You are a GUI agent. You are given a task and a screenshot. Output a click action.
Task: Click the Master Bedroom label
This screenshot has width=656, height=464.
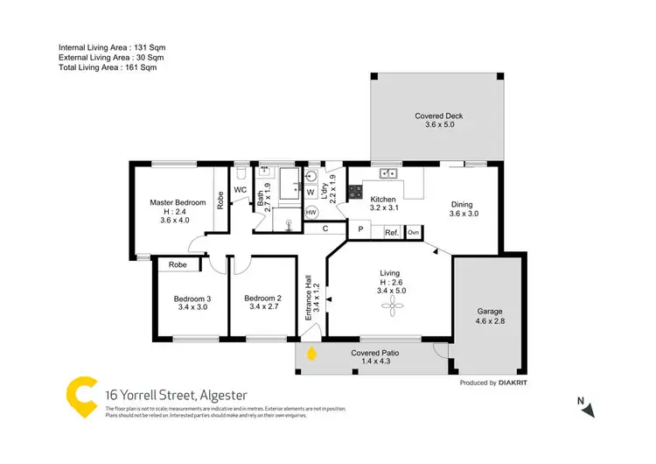tap(178, 202)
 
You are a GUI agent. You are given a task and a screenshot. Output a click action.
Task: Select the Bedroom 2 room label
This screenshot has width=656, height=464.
tap(262, 299)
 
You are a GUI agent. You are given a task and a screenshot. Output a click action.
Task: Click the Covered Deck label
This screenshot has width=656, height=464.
tap(438, 117)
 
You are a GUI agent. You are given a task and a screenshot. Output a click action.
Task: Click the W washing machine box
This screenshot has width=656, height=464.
tap(311, 191)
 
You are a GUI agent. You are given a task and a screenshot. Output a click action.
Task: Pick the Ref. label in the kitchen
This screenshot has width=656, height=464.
tap(391, 232)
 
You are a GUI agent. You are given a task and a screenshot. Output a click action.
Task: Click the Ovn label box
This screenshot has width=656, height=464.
tap(413, 232)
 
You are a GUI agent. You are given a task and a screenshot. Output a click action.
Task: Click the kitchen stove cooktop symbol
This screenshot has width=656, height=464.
tap(356, 192)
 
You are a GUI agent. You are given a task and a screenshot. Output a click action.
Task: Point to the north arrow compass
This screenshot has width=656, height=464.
tap(589, 409)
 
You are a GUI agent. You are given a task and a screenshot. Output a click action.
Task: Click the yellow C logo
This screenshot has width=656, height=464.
tap(80, 395)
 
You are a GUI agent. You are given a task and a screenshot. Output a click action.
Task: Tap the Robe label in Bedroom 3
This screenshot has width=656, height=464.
tap(178, 264)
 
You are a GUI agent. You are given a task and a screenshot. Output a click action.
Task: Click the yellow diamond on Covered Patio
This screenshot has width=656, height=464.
tap(312, 355)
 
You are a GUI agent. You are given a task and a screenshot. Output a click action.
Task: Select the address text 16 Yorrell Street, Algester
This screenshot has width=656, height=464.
tap(175, 395)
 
